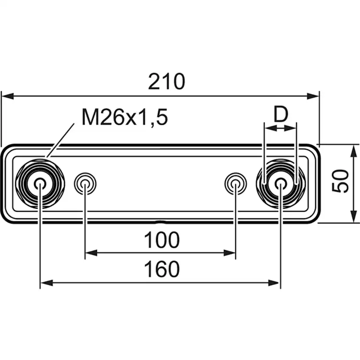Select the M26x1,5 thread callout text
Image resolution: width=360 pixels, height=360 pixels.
point(125,117)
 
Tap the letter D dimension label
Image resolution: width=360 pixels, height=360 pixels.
point(281,114)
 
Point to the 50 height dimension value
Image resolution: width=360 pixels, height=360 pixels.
point(341,181)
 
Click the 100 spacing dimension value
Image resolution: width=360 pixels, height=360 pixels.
point(161,240)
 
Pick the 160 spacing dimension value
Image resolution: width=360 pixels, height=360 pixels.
point(161,270)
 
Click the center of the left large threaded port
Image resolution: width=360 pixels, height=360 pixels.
point(40,183)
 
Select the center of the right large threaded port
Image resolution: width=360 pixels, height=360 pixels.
point(281,183)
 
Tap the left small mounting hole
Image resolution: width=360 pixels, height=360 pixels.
point(85,183)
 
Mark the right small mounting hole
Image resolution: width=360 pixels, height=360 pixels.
point(235,183)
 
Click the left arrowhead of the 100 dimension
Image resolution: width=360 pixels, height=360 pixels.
point(90,252)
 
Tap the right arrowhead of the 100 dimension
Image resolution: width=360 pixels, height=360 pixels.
point(231,252)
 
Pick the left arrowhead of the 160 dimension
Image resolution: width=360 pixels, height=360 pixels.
point(45,283)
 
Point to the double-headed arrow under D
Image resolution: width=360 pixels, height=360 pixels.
point(280,128)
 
